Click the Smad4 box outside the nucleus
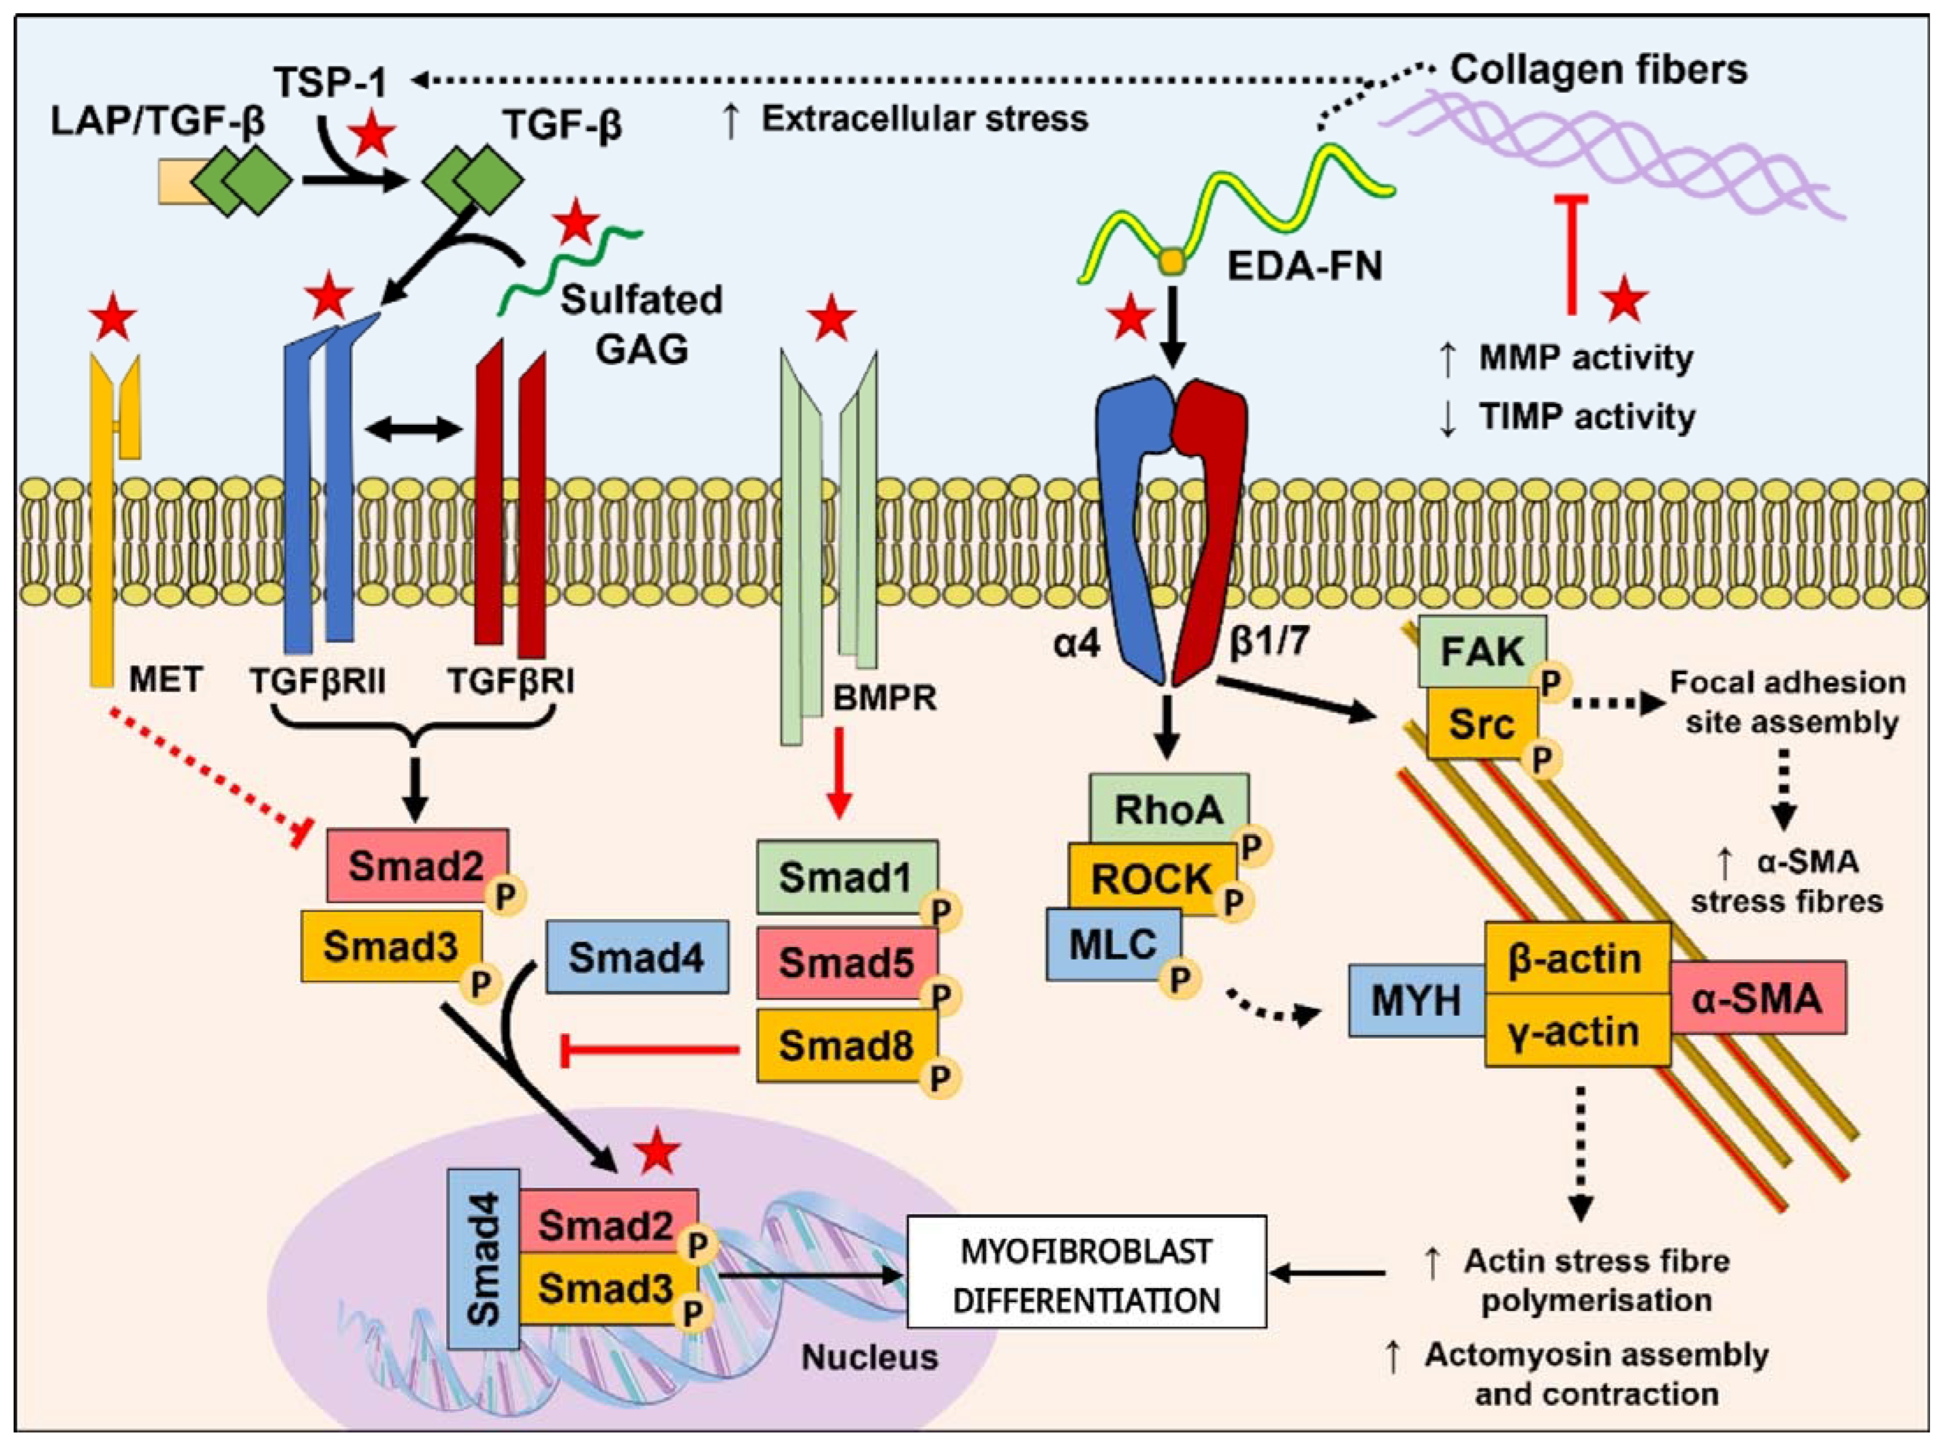coord(637,957)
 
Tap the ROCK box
coord(1151,878)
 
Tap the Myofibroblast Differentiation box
coord(1086,1276)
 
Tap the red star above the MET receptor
coord(114,319)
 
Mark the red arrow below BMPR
coord(838,772)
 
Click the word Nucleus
coord(870,1357)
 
